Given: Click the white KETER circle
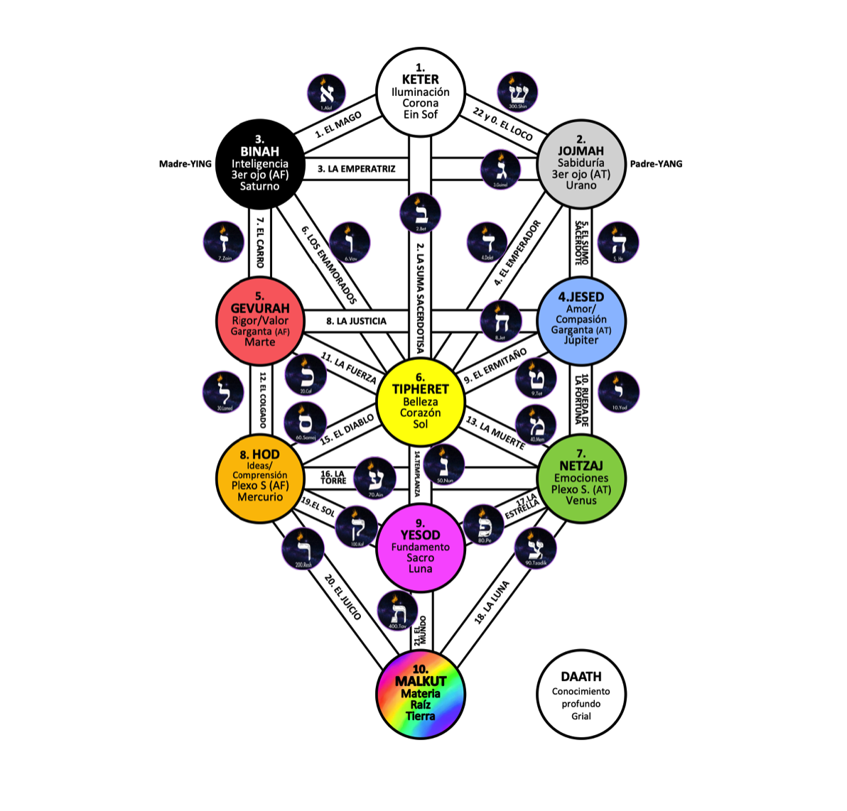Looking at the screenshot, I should [420, 92].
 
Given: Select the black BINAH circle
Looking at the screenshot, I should [259, 163].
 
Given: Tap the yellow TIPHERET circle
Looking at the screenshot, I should [420, 401].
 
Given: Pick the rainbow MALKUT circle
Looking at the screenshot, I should [420, 694].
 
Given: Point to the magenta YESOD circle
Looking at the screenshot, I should [420, 547].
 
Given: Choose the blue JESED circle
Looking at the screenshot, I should [581, 320].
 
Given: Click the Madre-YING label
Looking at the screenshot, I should [185, 164].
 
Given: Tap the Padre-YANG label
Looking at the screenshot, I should [656, 164].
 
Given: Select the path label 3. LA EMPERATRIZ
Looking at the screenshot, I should [356, 169].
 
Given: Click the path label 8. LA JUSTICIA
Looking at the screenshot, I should [356, 321].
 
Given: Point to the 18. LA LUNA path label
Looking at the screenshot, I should [492, 603].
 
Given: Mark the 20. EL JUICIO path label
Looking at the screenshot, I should [343, 597].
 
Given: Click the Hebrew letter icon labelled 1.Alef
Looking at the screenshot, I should [326, 93].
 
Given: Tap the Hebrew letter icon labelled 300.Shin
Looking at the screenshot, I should [517, 92].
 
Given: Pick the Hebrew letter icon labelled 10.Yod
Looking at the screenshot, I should [619, 391].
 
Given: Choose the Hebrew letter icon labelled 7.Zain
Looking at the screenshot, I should [224, 242].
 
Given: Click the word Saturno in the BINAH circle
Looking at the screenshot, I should [259, 186].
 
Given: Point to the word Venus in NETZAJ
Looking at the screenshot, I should [581, 501].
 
